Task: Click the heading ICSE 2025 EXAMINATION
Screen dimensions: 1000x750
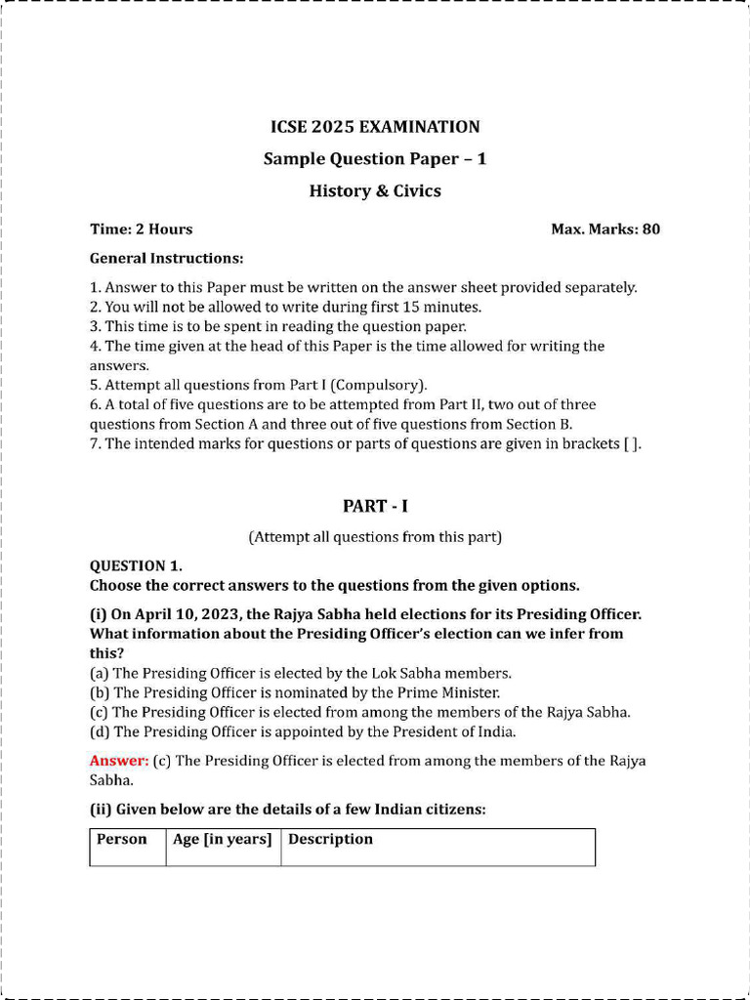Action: point(375,127)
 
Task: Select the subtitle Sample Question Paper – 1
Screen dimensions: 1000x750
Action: point(375,159)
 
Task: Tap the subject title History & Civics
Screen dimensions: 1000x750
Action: point(375,191)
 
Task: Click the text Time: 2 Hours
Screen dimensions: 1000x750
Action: point(141,229)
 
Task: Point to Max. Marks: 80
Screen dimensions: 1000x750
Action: point(605,229)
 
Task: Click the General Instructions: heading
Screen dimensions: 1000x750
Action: point(166,259)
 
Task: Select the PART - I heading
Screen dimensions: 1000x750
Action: point(375,506)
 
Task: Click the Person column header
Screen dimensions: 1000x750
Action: point(122,840)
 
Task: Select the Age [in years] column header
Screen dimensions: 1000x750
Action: point(222,840)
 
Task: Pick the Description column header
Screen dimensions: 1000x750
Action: point(330,840)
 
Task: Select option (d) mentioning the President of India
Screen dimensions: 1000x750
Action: point(303,731)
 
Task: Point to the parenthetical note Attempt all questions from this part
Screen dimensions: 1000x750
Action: point(375,537)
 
